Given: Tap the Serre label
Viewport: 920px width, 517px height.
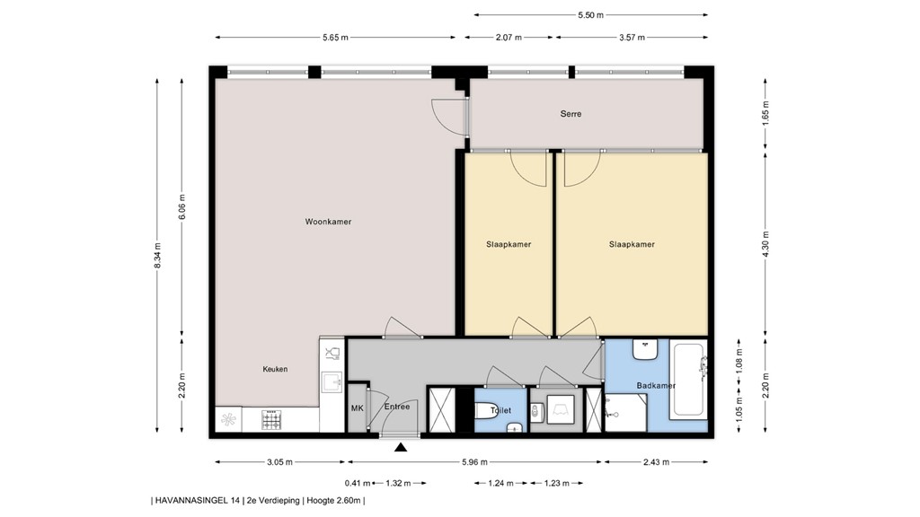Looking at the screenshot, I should pyautogui.click(x=570, y=114).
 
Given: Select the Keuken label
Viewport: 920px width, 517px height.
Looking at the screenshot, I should pyautogui.click(x=275, y=369).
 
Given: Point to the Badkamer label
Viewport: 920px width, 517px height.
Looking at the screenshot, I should pyautogui.click(x=656, y=386).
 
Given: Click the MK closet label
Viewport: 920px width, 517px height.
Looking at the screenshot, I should pyautogui.click(x=357, y=407).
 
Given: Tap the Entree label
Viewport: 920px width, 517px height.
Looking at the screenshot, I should pyautogui.click(x=397, y=407).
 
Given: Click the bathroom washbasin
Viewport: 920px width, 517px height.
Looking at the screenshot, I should pyautogui.click(x=646, y=349).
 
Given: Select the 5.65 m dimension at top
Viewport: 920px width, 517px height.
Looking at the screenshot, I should pyautogui.click(x=335, y=38).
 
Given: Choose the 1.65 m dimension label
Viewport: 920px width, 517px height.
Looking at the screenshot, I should pyautogui.click(x=765, y=114).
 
